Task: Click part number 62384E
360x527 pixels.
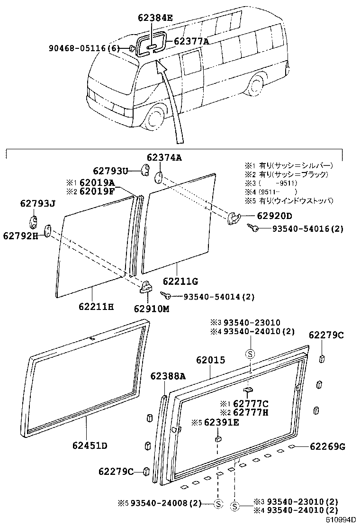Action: (155, 18)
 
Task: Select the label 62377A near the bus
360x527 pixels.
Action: (191, 41)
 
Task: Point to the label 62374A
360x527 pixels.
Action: (164, 158)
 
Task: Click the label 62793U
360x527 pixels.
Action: (110, 171)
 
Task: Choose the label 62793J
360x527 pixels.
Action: (37, 204)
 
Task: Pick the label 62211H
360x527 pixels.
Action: (96, 307)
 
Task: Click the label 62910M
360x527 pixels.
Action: (150, 309)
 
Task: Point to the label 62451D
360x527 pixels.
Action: (90, 445)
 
